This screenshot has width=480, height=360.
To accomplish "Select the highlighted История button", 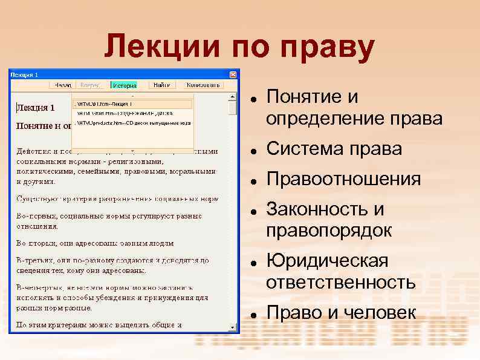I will pos(124,85).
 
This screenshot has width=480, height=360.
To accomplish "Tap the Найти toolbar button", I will pos(161,85).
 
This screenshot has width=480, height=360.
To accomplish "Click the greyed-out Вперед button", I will pos(91,85).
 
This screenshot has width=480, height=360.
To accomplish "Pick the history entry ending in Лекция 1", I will pos(132,104).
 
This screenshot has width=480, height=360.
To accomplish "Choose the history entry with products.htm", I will pos(132,122).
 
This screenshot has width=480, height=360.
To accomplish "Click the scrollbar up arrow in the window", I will pos(233,97).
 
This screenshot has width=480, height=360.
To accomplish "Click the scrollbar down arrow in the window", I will pos(233,327).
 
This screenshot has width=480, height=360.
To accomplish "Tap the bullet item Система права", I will pos(334,149).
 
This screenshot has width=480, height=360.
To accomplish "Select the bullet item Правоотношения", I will pos(343,180).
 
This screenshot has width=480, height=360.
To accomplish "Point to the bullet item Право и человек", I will pos(341,313).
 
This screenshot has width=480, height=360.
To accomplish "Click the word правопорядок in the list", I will pos(329,231).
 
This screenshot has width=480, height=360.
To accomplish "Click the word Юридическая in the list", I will pos(327,261).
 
